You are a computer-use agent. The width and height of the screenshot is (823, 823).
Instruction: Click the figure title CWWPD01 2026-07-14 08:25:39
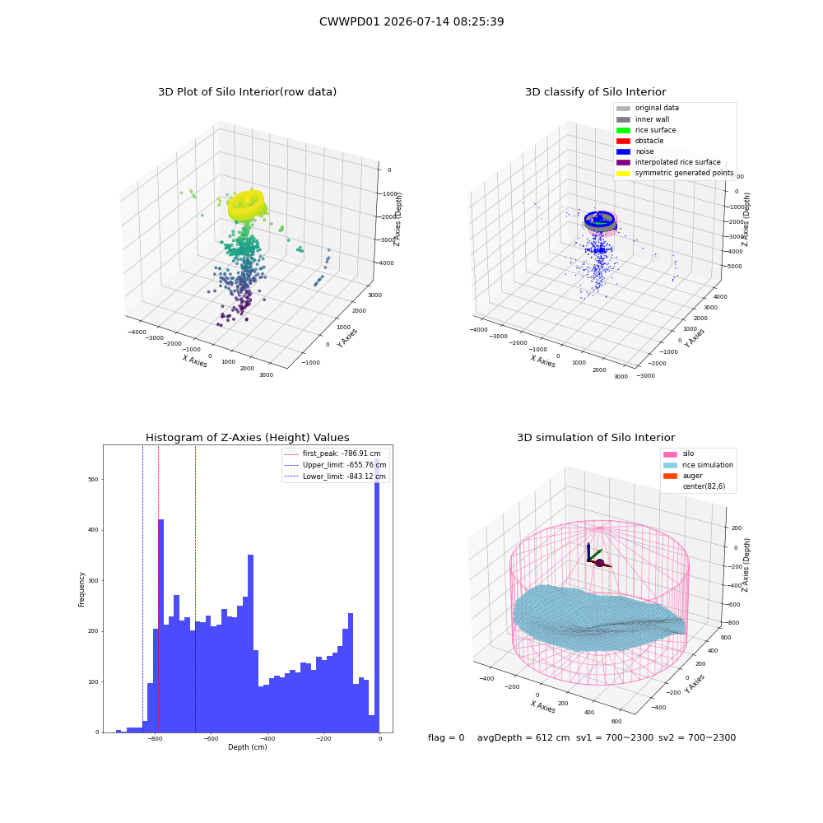coord(411,21)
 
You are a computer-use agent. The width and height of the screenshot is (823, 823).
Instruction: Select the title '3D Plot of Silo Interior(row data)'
coord(247,92)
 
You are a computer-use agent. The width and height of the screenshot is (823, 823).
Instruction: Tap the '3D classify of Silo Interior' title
coord(596,92)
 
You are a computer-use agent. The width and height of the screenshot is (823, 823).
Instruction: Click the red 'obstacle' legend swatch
coord(623,141)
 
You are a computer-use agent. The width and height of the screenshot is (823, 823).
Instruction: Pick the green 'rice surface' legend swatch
coord(623,130)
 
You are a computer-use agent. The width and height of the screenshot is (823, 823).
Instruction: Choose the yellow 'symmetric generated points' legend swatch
coord(623,173)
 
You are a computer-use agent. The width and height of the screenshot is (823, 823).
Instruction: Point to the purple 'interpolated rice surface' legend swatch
coord(623,162)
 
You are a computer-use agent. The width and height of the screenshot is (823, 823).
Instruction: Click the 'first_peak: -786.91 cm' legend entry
coord(332,453)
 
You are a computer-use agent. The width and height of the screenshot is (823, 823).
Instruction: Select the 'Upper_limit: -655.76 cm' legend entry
coord(335,465)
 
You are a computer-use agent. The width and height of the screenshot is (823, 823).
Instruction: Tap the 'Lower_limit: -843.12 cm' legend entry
coord(335,477)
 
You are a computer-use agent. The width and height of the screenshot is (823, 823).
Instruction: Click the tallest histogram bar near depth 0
coord(377,595)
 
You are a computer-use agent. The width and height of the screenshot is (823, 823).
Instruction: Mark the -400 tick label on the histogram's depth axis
coord(267,738)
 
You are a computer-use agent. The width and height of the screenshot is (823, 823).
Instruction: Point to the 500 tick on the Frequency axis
coord(94,479)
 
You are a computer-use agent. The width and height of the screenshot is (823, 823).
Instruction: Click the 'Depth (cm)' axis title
coord(248,747)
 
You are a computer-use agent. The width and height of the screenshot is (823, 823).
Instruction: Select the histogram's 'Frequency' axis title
coord(81,589)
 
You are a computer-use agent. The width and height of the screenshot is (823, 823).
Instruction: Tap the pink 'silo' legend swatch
coord(670,454)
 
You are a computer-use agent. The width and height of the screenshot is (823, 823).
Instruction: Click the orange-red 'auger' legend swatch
coord(670,476)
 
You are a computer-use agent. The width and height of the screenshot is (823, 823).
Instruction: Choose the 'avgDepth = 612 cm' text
coord(523,737)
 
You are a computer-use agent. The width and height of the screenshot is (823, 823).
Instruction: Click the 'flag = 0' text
coord(446,737)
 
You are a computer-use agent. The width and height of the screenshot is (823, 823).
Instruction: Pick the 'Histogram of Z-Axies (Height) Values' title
coord(247,438)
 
